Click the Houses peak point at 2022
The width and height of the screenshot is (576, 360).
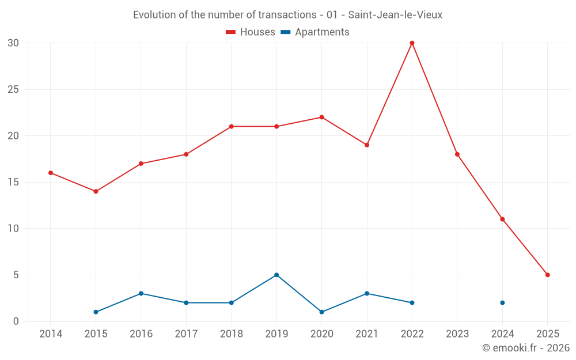point(412,43)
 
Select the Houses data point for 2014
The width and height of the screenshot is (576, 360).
point(51,173)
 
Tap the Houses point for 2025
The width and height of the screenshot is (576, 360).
point(547,275)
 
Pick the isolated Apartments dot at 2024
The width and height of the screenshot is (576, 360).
point(502,302)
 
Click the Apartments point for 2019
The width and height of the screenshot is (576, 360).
point(276,275)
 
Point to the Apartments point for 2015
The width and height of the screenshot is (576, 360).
point(96,312)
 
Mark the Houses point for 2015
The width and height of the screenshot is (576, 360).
point(96,191)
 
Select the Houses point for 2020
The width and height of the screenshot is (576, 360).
point(321,118)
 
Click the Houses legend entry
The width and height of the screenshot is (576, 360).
point(251,32)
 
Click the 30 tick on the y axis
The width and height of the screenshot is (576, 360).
point(14,43)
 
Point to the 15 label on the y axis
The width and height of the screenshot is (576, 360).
point(14,182)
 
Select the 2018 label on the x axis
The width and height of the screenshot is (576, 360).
point(231,334)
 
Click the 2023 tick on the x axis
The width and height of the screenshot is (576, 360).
point(457,334)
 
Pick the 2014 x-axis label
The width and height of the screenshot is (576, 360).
point(51,334)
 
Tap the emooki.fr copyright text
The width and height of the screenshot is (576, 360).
point(525,348)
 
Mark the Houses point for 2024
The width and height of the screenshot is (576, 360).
point(502,219)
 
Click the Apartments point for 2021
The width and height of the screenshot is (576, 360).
point(367,293)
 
